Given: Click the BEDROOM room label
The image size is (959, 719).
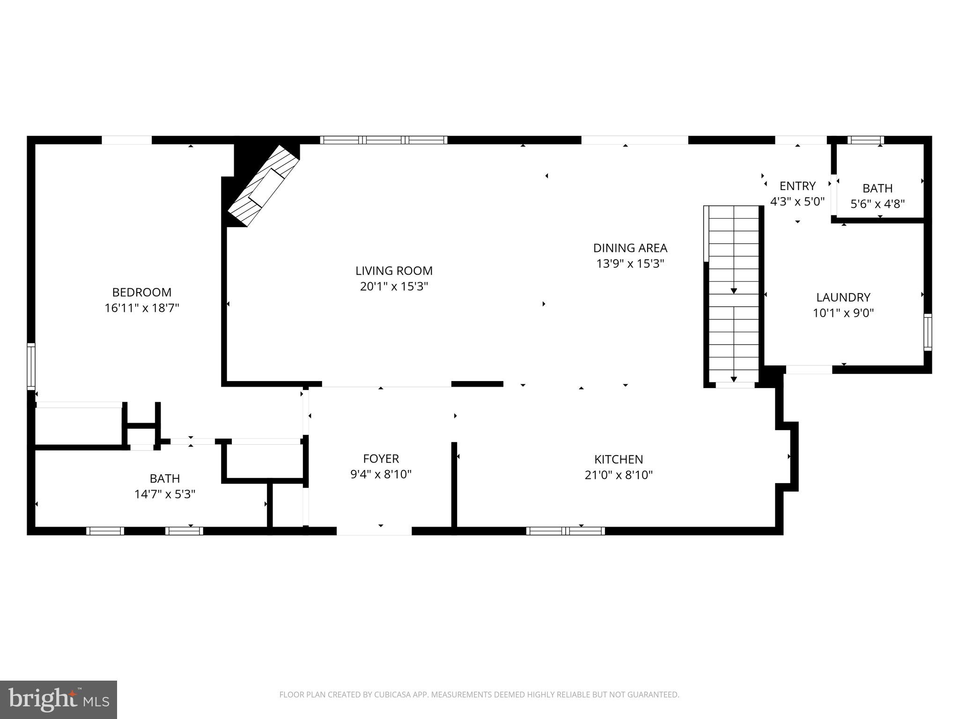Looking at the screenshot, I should click(142, 293).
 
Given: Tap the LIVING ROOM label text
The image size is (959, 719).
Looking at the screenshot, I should click(394, 271).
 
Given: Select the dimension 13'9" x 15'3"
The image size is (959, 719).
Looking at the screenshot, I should click(630, 264).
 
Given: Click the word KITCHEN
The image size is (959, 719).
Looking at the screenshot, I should click(619, 459).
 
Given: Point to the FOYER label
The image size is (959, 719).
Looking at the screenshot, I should click(381, 459).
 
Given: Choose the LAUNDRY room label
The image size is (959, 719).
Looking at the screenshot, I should click(843, 297).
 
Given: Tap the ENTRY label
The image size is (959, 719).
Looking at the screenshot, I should click(797, 186).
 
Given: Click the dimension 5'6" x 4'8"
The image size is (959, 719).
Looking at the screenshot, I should click(877, 204).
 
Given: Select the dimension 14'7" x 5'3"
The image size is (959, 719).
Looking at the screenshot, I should click(165, 494).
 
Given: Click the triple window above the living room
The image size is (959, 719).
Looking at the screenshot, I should click(384, 140).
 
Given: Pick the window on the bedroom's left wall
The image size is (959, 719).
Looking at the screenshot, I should click(31, 366).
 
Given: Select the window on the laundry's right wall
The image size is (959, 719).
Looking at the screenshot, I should click(927, 332).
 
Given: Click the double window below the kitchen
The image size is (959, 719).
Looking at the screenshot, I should click(565, 531).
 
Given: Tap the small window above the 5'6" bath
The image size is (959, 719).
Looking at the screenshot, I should click(865, 140).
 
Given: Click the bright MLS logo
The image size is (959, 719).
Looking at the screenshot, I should click(59, 699).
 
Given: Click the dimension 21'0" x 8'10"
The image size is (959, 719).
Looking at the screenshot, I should click(619, 475).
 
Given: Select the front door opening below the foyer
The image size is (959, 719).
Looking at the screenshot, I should click(374, 531).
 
